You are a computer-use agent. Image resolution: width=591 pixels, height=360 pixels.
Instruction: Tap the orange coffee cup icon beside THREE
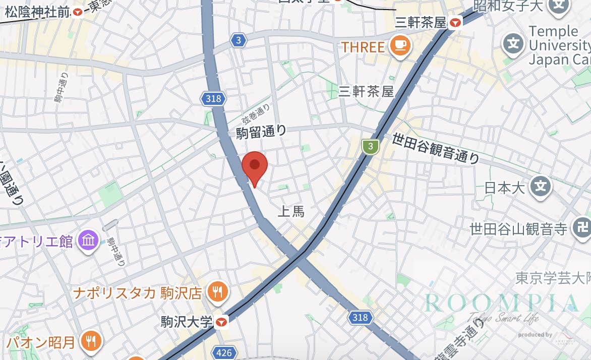tap(400, 46)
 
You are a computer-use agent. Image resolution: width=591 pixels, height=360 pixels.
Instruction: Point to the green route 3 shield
tap(371, 147)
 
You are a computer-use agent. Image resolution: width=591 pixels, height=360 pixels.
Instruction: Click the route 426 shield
tap(223, 353)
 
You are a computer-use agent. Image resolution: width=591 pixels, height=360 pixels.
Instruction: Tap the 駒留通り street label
tap(261, 132)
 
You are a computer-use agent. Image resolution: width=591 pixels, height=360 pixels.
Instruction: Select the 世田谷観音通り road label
tap(436, 148)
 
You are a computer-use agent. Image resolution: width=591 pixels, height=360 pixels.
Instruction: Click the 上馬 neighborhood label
tap(291, 212)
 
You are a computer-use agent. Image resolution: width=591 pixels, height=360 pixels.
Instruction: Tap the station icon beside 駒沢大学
tap(221, 321)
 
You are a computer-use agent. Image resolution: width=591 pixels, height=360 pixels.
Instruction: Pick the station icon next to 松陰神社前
tap(78, 12)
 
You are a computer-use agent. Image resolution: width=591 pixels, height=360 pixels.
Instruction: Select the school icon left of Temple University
tap(513, 44)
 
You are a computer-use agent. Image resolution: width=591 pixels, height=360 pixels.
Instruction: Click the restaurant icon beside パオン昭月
tap(91, 342)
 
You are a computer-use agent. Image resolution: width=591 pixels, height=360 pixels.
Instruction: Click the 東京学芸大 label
tap(553, 277)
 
